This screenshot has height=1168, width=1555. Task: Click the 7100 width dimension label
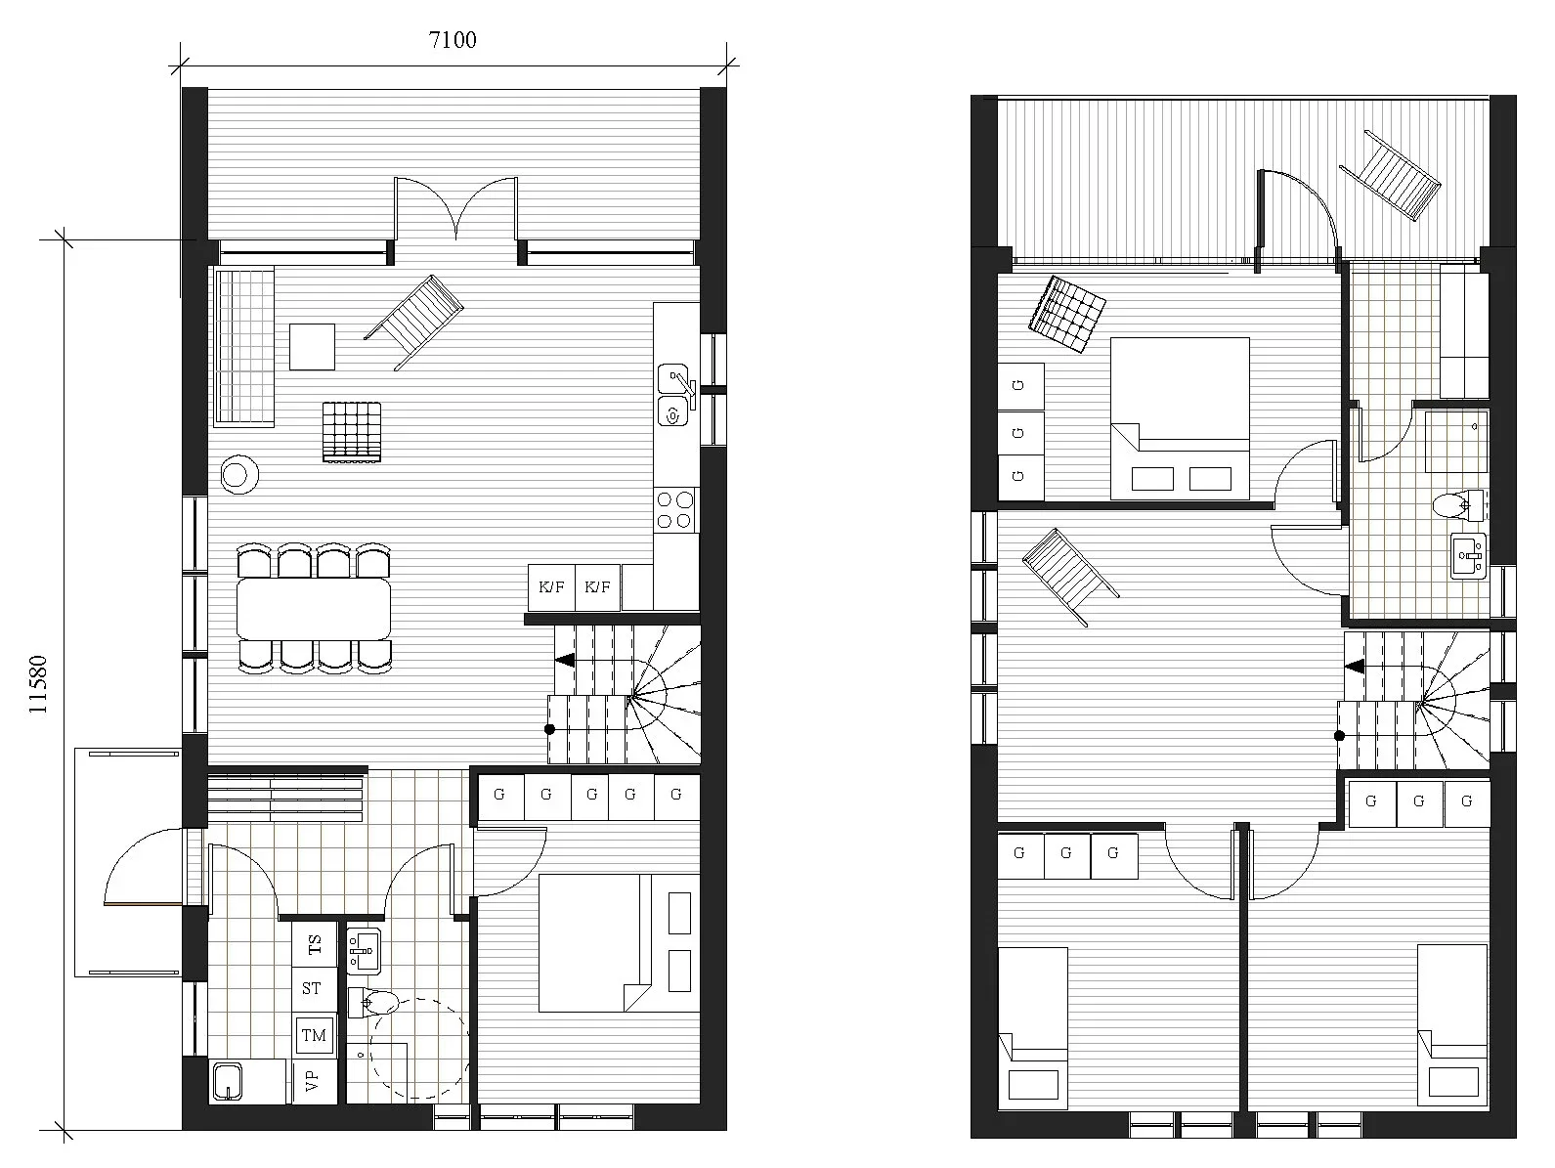453,40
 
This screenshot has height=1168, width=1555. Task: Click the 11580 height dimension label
37,684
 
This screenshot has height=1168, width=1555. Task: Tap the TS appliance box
315,943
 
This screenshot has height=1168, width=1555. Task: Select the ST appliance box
315,989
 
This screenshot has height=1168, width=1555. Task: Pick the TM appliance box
315,1035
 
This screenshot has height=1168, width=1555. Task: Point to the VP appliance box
315,1081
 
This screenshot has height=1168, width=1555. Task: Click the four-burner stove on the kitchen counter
675,510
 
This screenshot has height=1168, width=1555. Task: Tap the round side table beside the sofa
239,475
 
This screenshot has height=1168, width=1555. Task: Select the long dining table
314,609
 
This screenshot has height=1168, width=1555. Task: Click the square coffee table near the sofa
313,346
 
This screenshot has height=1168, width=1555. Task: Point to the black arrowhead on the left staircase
565,660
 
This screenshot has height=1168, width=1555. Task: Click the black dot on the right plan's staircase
1340,736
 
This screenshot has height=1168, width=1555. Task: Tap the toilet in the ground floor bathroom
374,1002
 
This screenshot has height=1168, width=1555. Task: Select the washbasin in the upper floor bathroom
1468,556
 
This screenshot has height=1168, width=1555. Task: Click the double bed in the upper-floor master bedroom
1180,418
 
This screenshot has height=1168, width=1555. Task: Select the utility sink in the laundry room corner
227,1082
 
